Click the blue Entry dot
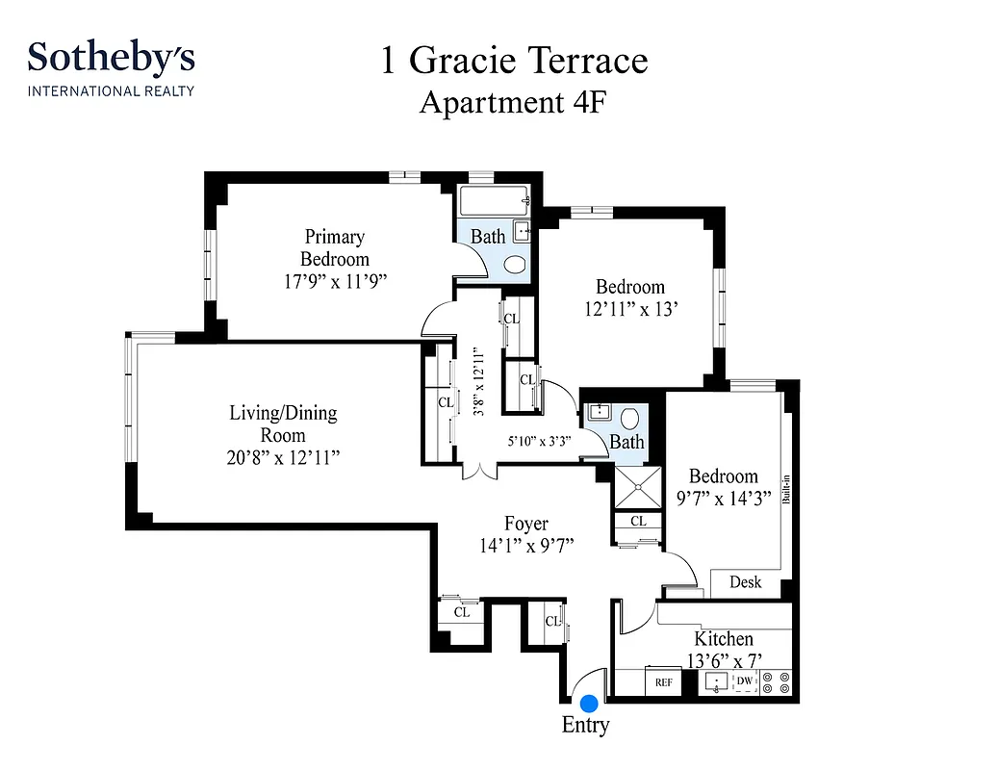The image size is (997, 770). point(588,706)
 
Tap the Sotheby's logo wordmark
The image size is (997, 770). point(111,58)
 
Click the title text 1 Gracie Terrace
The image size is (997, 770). point(514,61)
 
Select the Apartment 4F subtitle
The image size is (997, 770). point(512,102)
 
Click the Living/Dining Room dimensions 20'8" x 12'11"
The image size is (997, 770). point(283,457)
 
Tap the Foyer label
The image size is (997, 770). point(526,524)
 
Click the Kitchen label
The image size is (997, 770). point(724,639)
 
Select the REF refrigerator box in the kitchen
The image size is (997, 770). point(663,682)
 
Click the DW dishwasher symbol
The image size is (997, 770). point(744,681)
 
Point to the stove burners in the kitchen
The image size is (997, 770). point(776,682)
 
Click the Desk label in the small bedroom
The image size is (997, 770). point(745,582)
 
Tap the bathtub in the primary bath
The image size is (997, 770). point(495,203)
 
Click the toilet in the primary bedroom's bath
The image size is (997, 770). point(515,265)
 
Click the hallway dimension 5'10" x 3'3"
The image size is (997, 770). point(539,442)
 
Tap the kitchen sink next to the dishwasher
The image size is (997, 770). point(716,682)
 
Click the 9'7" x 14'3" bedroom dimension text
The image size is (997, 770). point(722,499)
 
